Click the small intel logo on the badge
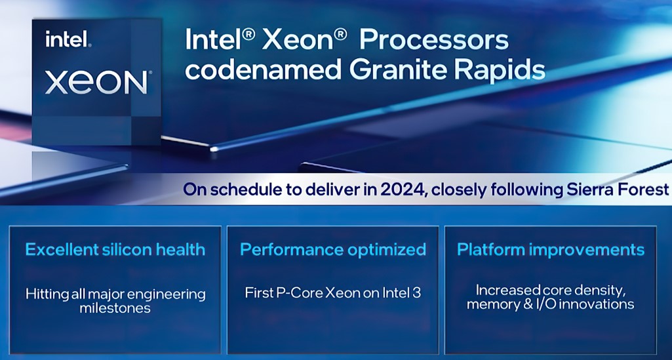68,39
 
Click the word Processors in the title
434,40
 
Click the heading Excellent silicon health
115,249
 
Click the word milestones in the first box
115,308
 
